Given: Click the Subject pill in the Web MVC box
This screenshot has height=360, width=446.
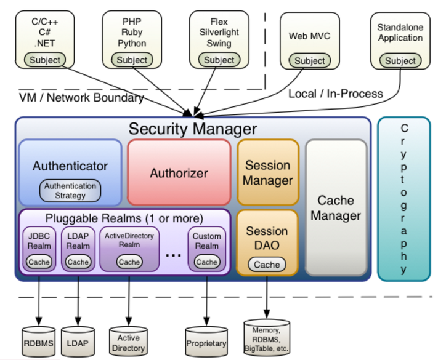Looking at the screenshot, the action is tap(310, 60).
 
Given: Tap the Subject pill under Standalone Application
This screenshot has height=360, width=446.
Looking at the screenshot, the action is tap(400, 60).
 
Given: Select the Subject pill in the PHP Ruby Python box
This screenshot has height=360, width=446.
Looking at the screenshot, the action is tap(132, 60).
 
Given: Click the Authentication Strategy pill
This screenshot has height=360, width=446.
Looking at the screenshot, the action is tap(70, 191).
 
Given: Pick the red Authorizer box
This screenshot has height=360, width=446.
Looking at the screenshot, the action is tap(179, 172).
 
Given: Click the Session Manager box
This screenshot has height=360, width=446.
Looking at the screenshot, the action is tap(267, 172).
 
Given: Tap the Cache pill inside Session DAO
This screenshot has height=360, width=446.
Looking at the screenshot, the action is tap(267, 265).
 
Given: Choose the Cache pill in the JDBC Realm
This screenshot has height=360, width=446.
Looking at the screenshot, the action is tap(39, 262).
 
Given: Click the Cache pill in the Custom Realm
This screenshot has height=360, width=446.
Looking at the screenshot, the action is tap(207, 262).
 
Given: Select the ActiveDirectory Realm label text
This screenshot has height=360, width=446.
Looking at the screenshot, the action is tap(129, 240).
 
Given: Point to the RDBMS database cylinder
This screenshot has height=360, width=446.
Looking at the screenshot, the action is tap(38, 342).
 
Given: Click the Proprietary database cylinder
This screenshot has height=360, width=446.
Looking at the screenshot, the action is tap(206, 342).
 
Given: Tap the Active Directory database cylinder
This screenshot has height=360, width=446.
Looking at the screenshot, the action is tap(129, 342).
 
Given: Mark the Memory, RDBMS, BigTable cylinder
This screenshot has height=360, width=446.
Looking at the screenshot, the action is tap(267, 338).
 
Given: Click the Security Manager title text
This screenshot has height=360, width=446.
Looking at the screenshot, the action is tap(193, 129).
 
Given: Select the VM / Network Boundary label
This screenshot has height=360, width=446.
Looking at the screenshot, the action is tap(81, 97).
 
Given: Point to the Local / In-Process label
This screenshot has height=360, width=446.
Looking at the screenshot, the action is tap(336, 94).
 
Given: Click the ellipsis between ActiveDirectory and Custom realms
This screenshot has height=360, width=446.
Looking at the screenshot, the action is tap(173, 255).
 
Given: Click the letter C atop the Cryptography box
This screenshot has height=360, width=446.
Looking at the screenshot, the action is tap(404, 128).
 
